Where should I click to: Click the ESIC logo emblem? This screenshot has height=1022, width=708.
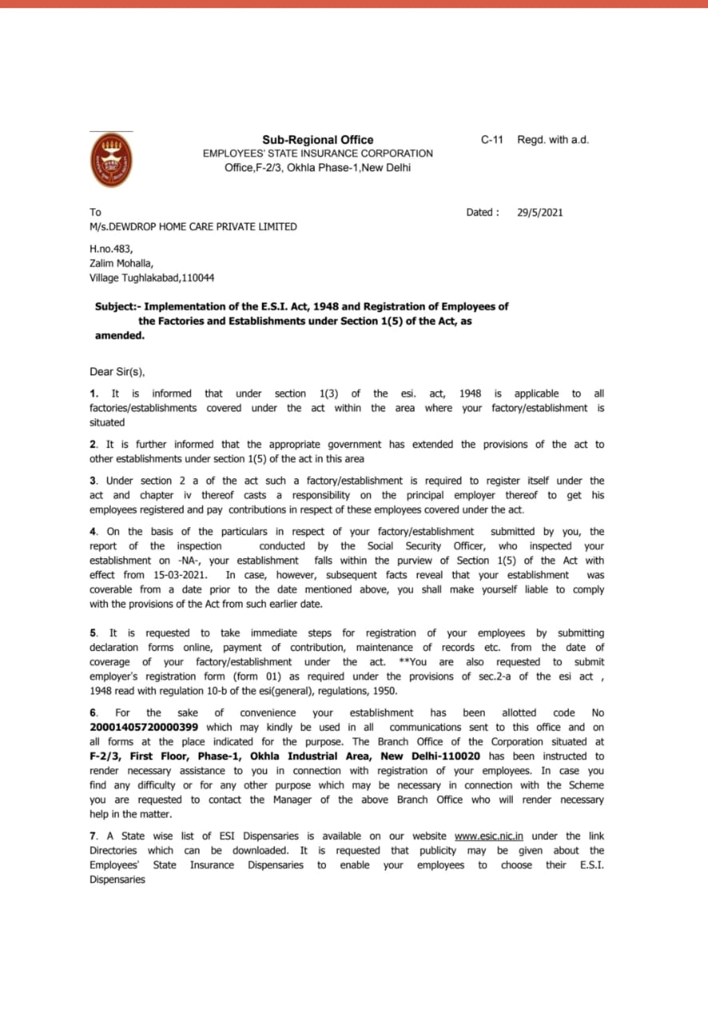click(x=111, y=160)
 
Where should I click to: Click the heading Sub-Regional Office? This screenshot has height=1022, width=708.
click(x=317, y=140)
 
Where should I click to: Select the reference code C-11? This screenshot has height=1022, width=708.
click(x=491, y=140)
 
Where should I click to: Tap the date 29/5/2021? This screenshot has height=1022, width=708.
click(x=540, y=212)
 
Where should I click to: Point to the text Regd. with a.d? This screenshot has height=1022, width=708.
click(x=553, y=140)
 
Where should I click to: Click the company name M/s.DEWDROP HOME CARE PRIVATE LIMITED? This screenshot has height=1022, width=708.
click(x=193, y=227)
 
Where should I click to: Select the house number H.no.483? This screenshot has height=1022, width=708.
click(x=111, y=249)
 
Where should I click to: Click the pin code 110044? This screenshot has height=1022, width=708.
click(x=197, y=278)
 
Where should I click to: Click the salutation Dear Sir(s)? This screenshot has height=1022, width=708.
click(x=117, y=371)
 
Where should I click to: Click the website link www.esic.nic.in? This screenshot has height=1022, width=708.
click(x=489, y=836)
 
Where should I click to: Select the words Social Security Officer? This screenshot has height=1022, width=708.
click(x=418, y=546)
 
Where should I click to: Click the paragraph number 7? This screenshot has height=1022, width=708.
click(x=93, y=836)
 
